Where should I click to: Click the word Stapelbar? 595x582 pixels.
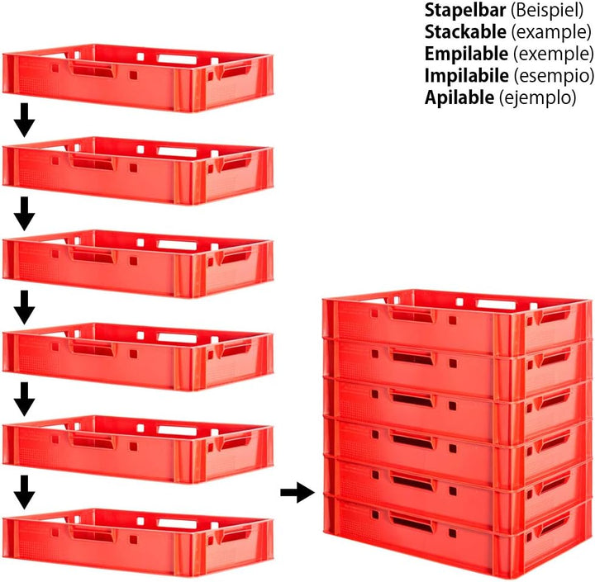464,10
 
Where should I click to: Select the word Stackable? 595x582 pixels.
465,32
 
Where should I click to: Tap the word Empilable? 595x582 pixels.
466,54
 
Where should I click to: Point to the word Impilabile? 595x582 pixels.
466,76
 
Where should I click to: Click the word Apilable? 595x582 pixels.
459,97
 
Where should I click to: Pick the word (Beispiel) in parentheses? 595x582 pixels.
547,11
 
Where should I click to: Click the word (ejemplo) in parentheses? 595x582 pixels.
538,98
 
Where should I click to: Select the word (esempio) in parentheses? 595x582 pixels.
554,76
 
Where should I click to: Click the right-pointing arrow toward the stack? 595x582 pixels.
297,493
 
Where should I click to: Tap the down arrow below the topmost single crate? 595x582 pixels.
25,120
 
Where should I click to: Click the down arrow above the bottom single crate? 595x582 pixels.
25,492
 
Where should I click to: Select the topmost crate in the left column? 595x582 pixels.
138,78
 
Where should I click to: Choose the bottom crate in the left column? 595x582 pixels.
138,542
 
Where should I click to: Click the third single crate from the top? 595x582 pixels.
138,264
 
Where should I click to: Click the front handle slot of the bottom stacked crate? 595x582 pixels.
412,523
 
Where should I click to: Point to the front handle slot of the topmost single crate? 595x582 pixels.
93,70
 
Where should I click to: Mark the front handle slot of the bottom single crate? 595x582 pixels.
93,536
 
